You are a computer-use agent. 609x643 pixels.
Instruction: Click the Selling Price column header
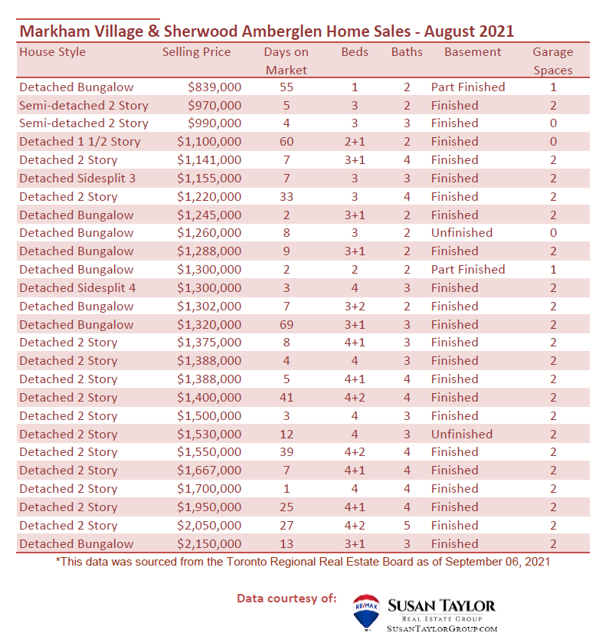(x=196, y=52)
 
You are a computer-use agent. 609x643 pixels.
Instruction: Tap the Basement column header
(x=473, y=52)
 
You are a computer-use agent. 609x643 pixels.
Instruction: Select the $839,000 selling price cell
(x=214, y=87)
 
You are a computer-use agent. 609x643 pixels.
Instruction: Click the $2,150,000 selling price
(x=209, y=544)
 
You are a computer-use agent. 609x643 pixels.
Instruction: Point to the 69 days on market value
(x=286, y=325)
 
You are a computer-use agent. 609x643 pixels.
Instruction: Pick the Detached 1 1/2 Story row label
(x=80, y=142)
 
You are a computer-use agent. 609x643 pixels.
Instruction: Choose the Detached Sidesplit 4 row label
(x=77, y=288)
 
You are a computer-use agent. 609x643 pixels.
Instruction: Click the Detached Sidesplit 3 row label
(x=77, y=179)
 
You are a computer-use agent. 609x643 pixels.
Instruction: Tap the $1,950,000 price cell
(x=209, y=507)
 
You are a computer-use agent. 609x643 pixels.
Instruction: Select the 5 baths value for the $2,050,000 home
(x=407, y=525)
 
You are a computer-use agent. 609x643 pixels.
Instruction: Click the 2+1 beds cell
(x=355, y=142)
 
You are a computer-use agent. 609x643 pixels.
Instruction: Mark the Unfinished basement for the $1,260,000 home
(x=462, y=233)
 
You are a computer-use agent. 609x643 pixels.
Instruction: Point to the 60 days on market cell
(x=286, y=142)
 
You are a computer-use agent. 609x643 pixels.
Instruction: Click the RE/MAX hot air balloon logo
(x=366, y=612)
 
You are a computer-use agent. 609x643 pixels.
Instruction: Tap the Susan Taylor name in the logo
(x=441, y=605)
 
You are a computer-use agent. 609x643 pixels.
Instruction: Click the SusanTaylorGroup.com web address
(x=442, y=628)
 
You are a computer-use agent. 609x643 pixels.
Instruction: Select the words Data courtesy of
(x=286, y=599)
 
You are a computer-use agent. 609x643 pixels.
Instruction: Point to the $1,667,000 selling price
(x=209, y=471)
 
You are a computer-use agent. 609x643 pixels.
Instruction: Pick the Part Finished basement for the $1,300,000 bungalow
(x=468, y=270)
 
